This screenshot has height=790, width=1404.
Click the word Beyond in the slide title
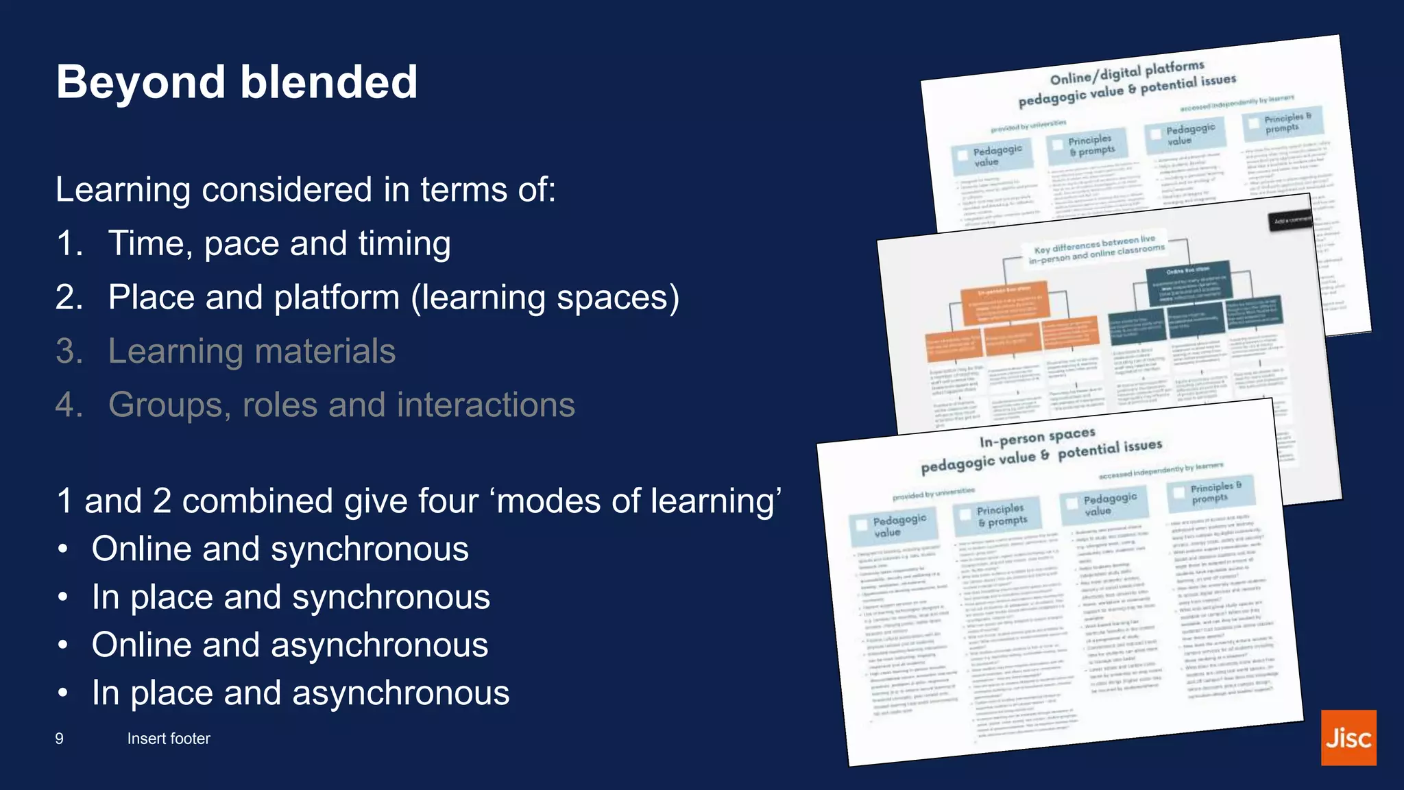point(141,82)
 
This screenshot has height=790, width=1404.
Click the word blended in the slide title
point(328,82)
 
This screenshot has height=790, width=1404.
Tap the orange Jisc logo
point(1348,738)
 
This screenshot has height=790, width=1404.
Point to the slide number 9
point(60,739)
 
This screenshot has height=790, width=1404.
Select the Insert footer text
point(169,739)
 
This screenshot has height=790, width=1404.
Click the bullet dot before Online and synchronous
point(63,549)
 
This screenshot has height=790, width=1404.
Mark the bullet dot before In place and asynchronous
point(63,693)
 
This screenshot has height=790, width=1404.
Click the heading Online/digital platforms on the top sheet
point(1127,72)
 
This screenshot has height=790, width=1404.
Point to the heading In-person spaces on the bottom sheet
point(1037,438)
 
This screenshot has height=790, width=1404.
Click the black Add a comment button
point(1292,221)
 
